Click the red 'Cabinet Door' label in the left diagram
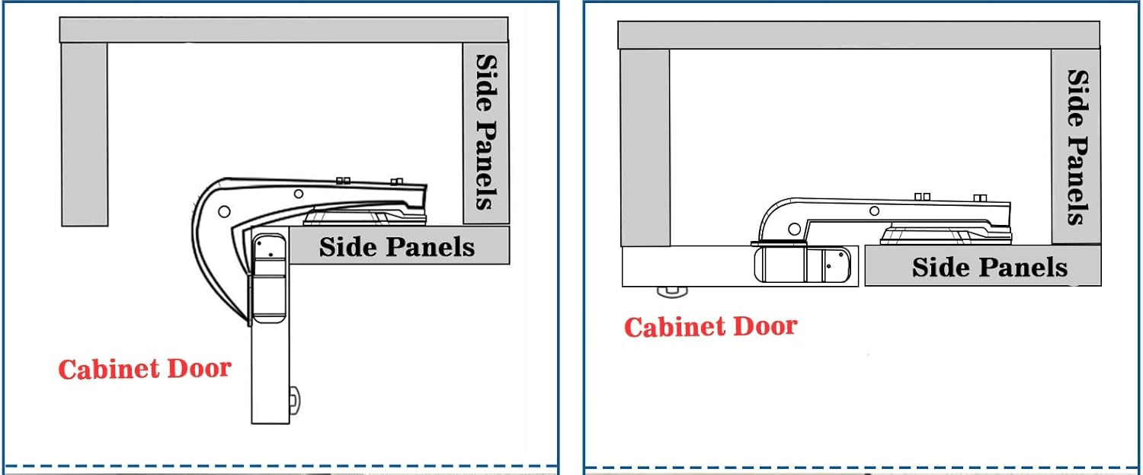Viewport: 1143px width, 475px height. [145, 369]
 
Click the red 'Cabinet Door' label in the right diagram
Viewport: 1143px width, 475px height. [711, 327]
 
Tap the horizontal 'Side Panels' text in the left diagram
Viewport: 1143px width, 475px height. [397, 247]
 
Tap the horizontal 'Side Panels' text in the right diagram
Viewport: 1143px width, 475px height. [990, 267]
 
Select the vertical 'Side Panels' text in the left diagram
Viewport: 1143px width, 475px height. [486, 133]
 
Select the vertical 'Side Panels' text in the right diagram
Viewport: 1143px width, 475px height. [1077, 147]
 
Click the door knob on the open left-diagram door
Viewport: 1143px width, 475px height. [294, 401]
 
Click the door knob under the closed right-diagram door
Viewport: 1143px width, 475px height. [673, 292]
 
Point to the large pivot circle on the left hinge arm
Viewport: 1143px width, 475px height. [224, 211]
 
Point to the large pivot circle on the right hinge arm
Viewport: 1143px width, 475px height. [794, 229]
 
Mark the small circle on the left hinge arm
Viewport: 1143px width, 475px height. [299, 194]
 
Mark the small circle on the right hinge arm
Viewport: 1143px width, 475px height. [874, 210]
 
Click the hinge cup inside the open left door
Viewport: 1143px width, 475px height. [270, 278]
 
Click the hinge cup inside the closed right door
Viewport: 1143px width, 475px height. [802, 264]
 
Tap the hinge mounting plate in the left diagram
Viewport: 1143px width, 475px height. [365, 217]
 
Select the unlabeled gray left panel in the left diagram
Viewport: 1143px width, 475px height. [84, 134]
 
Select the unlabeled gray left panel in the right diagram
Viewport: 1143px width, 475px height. [645, 148]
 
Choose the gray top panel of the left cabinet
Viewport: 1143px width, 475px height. [283, 30]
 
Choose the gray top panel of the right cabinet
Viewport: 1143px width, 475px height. [859, 35]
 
